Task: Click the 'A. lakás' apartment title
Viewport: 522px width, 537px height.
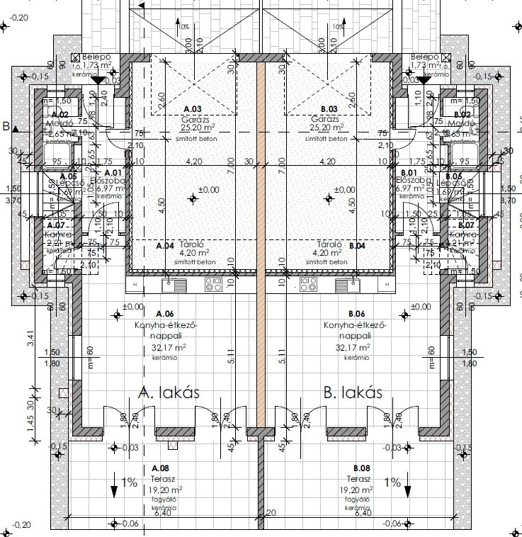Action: [x=164, y=393]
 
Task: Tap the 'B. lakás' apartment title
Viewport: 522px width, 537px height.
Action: [x=352, y=393]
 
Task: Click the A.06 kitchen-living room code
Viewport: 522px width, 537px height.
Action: [x=164, y=314]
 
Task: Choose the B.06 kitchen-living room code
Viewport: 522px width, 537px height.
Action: [x=356, y=314]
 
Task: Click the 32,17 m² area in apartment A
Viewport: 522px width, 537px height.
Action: [x=171, y=348]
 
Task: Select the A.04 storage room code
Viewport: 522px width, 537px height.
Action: [x=164, y=246]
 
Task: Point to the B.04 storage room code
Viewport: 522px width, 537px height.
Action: [x=357, y=246]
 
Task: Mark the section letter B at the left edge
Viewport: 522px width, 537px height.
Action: [x=6, y=128]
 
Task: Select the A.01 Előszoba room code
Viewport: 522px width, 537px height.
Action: [x=113, y=172]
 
